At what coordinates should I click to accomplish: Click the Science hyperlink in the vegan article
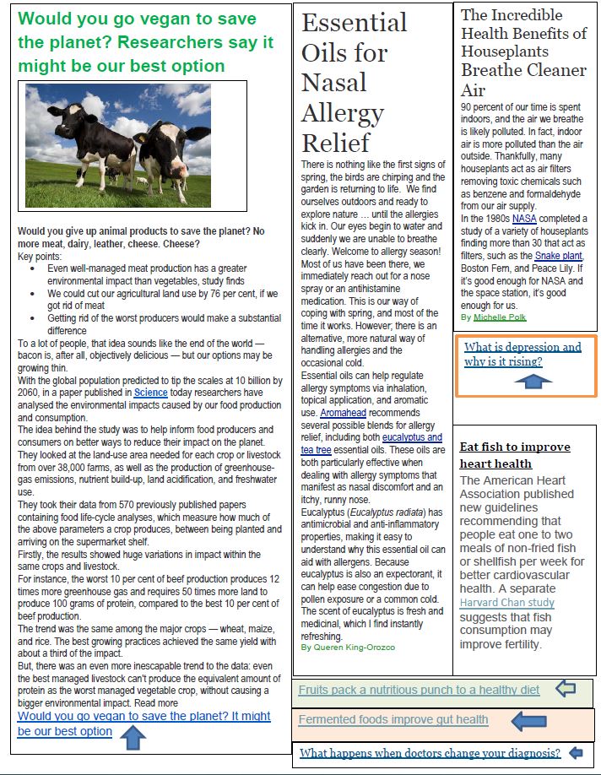coord(150,392)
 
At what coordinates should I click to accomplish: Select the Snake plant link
coord(558,256)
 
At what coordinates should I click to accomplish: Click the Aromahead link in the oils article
coord(343,413)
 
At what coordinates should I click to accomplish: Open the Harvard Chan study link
coord(506,603)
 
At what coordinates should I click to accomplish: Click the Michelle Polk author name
coord(499,317)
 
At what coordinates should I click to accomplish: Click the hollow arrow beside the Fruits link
coord(565,689)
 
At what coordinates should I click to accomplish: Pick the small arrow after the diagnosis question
coord(577,752)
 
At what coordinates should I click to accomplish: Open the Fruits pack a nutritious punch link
coord(419,690)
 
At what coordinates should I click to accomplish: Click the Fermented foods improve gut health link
coord(393,719)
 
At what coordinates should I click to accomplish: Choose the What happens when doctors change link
coord(430,753)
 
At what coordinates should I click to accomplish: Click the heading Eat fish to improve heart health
coord(514,455)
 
